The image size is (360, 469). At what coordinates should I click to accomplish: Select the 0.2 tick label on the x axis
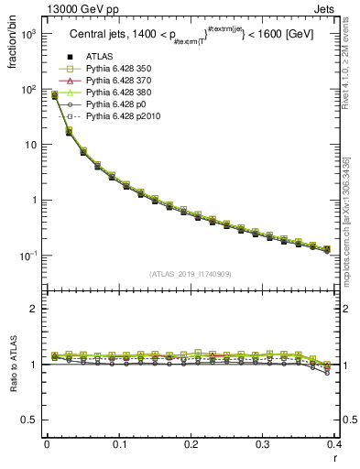(x=191, y=444)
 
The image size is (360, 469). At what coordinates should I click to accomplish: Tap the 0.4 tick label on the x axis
(x=334, y=444)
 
